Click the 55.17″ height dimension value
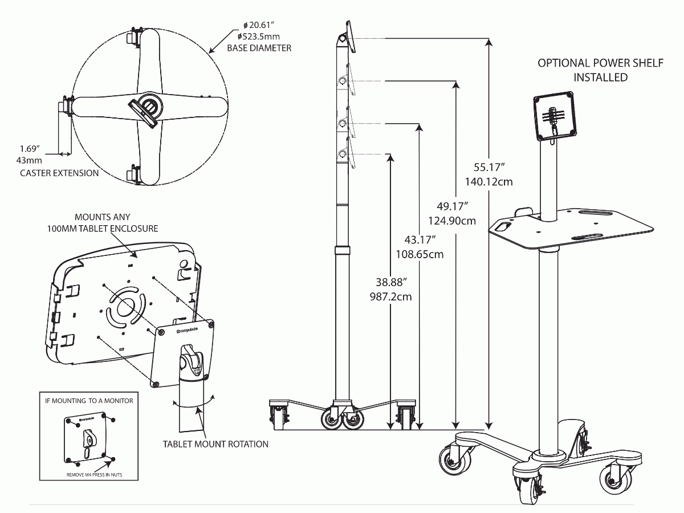pyautogui.click(x=489, y=167)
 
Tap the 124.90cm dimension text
pyautogui.click(x=451, y=221)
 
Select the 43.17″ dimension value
pyautogui.click(x=420, y=239)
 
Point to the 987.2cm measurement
pyautogui.click(x=390, y=296)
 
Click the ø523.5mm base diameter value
pyautogui.click(x=258, y=36)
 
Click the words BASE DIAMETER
pyautogui.click(x=259, y=48)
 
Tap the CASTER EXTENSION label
pyautogui.click(x=59, y=173)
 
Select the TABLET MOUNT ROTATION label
pyautogui.click(x=215, y=444)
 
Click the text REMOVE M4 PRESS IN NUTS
pyautogui.click(x=94, y=475)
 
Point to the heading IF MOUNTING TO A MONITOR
pyautogui.click(x=89, y=401)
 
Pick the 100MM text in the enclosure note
pyautogui.click(x=61, y=229)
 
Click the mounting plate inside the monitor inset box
pyautogui.click(x=88, y=438)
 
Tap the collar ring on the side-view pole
pyautogui.click(x=342, y=250)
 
